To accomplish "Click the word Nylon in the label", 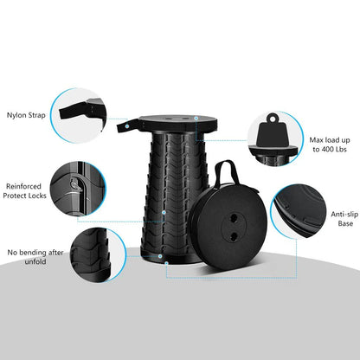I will (17, 114).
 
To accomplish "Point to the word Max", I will (318, 138).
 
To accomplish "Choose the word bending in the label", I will (35, 253).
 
